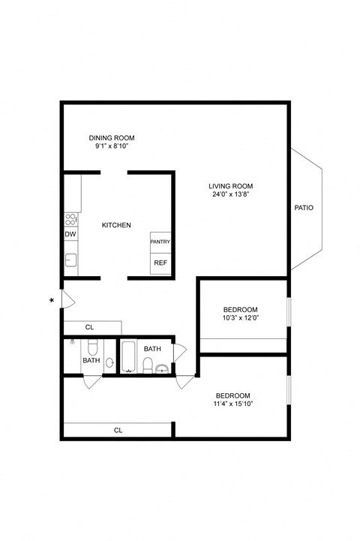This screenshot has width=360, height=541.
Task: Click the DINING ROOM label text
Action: click(x=112, y=138)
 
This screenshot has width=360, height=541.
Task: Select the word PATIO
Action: click(x=304, y=208)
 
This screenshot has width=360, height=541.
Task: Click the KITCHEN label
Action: click(x=117, y=225)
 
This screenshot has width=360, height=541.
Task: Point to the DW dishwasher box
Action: click(x=70, y=235)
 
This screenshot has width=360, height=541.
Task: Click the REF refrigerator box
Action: click(x=160, y=263)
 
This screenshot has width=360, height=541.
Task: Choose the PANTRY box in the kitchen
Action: click(x=160, y=242)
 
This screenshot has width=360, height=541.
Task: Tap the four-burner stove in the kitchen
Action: click(x=70, y=220)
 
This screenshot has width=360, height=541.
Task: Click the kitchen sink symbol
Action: click(x=70, y=260)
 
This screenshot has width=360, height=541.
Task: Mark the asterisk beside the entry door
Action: click(x=52, y=302)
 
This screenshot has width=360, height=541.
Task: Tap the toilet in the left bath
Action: click(x=91, y=347)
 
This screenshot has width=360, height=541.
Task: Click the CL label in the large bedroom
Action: click(x=118, y=431)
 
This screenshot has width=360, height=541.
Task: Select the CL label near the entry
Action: click(x=89, y=327)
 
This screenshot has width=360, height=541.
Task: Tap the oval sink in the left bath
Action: click(x=109, y=362)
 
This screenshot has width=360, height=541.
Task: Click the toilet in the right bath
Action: click(x=148, y=365)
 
